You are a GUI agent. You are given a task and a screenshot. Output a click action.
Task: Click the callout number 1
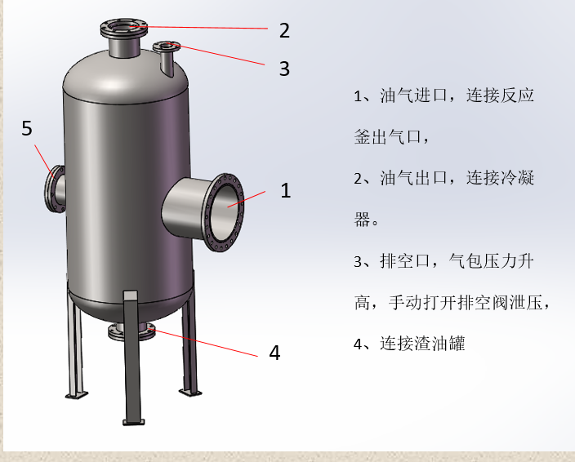click(285, 190)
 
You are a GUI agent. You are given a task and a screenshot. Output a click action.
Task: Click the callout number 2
click(283, 31)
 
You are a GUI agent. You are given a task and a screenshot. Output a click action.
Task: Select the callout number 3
click(283, 69)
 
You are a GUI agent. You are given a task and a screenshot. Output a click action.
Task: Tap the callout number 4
click(274, 353)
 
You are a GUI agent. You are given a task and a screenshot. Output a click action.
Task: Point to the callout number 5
click(27, 128)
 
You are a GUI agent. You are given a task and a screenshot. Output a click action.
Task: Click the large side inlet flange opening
click(225, 211)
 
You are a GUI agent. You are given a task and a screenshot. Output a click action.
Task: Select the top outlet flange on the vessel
click(124, 29)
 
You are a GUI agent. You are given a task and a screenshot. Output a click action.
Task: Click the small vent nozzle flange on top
click(167, 47)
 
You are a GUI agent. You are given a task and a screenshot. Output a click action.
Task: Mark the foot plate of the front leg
click(132, 421)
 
